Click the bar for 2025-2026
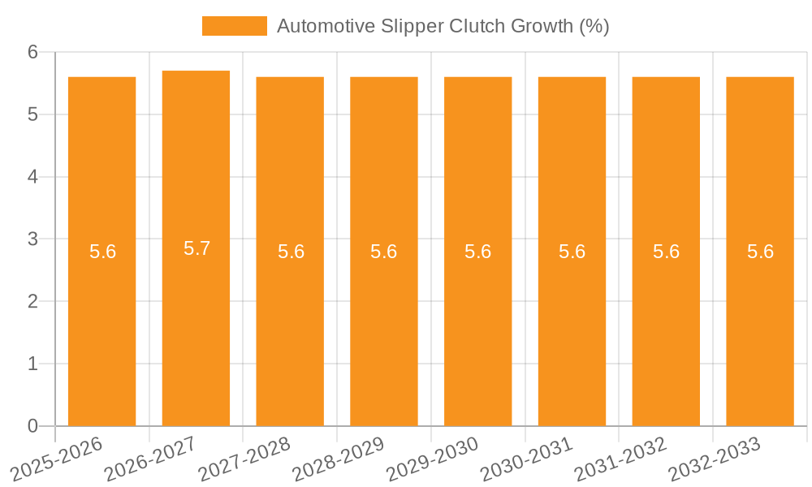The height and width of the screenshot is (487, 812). pos(101,325)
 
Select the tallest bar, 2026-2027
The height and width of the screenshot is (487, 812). pos(196,325)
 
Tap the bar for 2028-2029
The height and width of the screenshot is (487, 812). pos(384,325)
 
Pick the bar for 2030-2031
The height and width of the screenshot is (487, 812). pos(572,325)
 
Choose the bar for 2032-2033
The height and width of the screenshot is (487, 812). pos(760,325)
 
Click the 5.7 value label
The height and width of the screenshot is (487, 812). pos(197,248)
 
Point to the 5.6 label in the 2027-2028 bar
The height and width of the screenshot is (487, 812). pos(291,252)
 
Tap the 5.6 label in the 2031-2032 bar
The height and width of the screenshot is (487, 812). pos(666,252)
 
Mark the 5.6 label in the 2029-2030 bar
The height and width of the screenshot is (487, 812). pos(477,252)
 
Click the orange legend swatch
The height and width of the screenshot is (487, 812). pos(234,26)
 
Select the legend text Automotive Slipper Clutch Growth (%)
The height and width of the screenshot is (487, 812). pos(443,26)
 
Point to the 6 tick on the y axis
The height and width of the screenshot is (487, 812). pos(32,52)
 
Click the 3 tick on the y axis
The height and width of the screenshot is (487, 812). pos(32,239)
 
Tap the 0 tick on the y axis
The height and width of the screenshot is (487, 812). pos(32,426)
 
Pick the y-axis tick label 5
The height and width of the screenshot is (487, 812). pos(32,114)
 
